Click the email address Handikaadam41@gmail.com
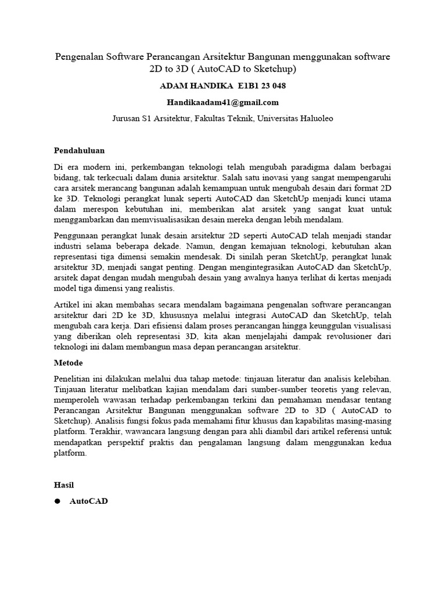223,102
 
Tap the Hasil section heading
64,484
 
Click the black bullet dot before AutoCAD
57,501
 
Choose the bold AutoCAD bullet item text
88,501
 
